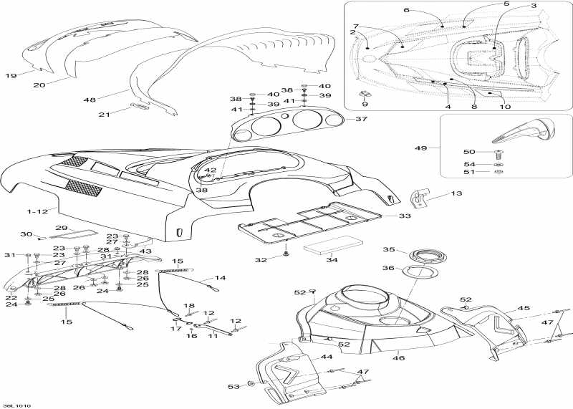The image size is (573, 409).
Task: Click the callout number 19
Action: click(x=11, y=75)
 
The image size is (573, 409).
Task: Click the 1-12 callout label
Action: click(x=37, y=212)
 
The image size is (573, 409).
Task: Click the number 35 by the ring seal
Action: click(x=387, y=250)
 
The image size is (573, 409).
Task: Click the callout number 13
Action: click(x=456, y=193)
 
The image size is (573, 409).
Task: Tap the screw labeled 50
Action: click(x=499, y=153)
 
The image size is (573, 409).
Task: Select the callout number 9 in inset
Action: click(x=364, y=105)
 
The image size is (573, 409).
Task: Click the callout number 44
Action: click(x=327, y=356)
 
